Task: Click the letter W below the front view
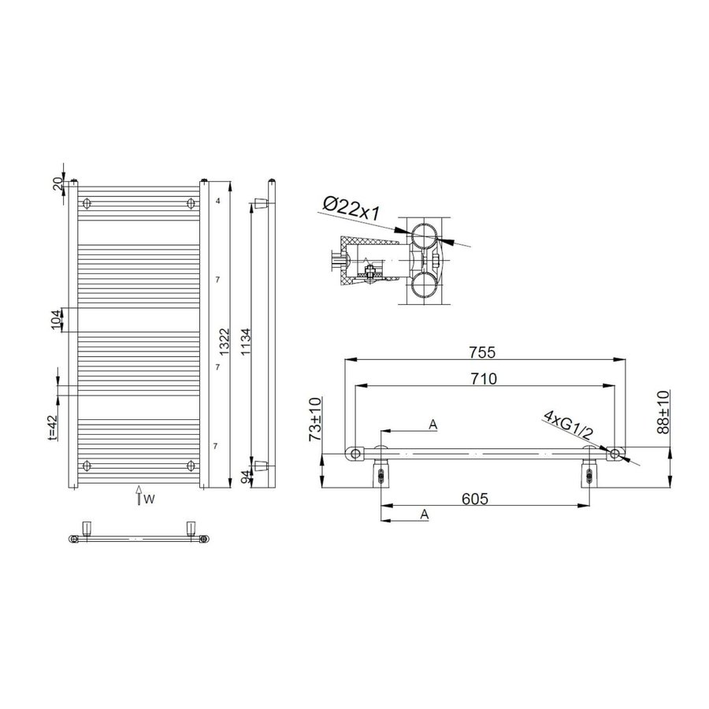[148, 498]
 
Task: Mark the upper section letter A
[432, 425]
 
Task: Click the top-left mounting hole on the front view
[87, 203]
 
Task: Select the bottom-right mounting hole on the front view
[191, 463]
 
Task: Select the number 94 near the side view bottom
[245, 475]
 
